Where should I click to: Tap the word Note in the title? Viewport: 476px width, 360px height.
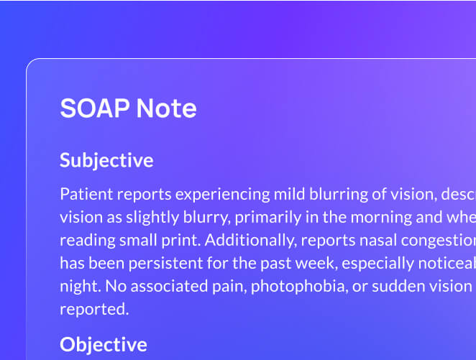point(166,109)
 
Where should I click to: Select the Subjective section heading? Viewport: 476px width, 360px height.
point(106,160)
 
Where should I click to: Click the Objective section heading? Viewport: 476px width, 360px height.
point(103,344)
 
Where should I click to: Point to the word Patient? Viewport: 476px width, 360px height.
point(84,194)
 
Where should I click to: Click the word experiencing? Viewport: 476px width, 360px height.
point(222,194)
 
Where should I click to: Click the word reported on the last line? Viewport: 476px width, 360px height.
point(93,309)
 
